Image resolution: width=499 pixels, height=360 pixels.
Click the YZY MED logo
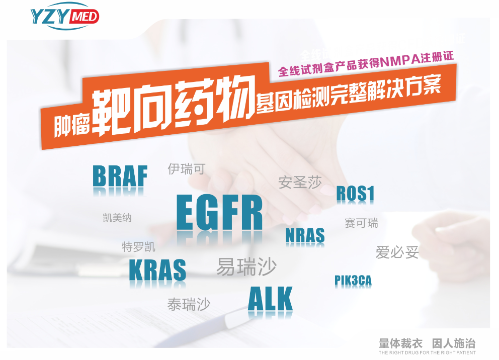[x=65, y=16]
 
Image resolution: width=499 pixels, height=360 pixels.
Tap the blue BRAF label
[x=120, y=176]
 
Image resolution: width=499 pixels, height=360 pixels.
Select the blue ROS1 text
[x=355, y=194]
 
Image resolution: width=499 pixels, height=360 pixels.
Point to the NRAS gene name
[x=305, y=235]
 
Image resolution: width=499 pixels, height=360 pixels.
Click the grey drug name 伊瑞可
[x=187, y=169]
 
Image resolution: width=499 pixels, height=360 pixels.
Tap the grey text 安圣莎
[x=300, y=182]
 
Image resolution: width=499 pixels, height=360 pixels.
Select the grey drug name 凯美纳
[x=117, y=218]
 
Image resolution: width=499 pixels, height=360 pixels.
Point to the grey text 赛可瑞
[x=361, y=223]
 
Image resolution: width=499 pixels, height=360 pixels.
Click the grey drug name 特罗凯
[x=138, y=247]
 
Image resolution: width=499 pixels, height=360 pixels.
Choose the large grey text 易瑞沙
[x=246, y=266]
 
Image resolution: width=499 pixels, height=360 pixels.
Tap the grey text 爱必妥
[x=397, y=252]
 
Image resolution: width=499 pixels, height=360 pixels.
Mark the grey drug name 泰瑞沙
[x=189, y=304]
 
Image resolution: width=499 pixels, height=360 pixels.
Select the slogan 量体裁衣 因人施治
[x=427, y=343]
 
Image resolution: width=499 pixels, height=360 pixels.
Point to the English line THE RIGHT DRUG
[x=427, y=352]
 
